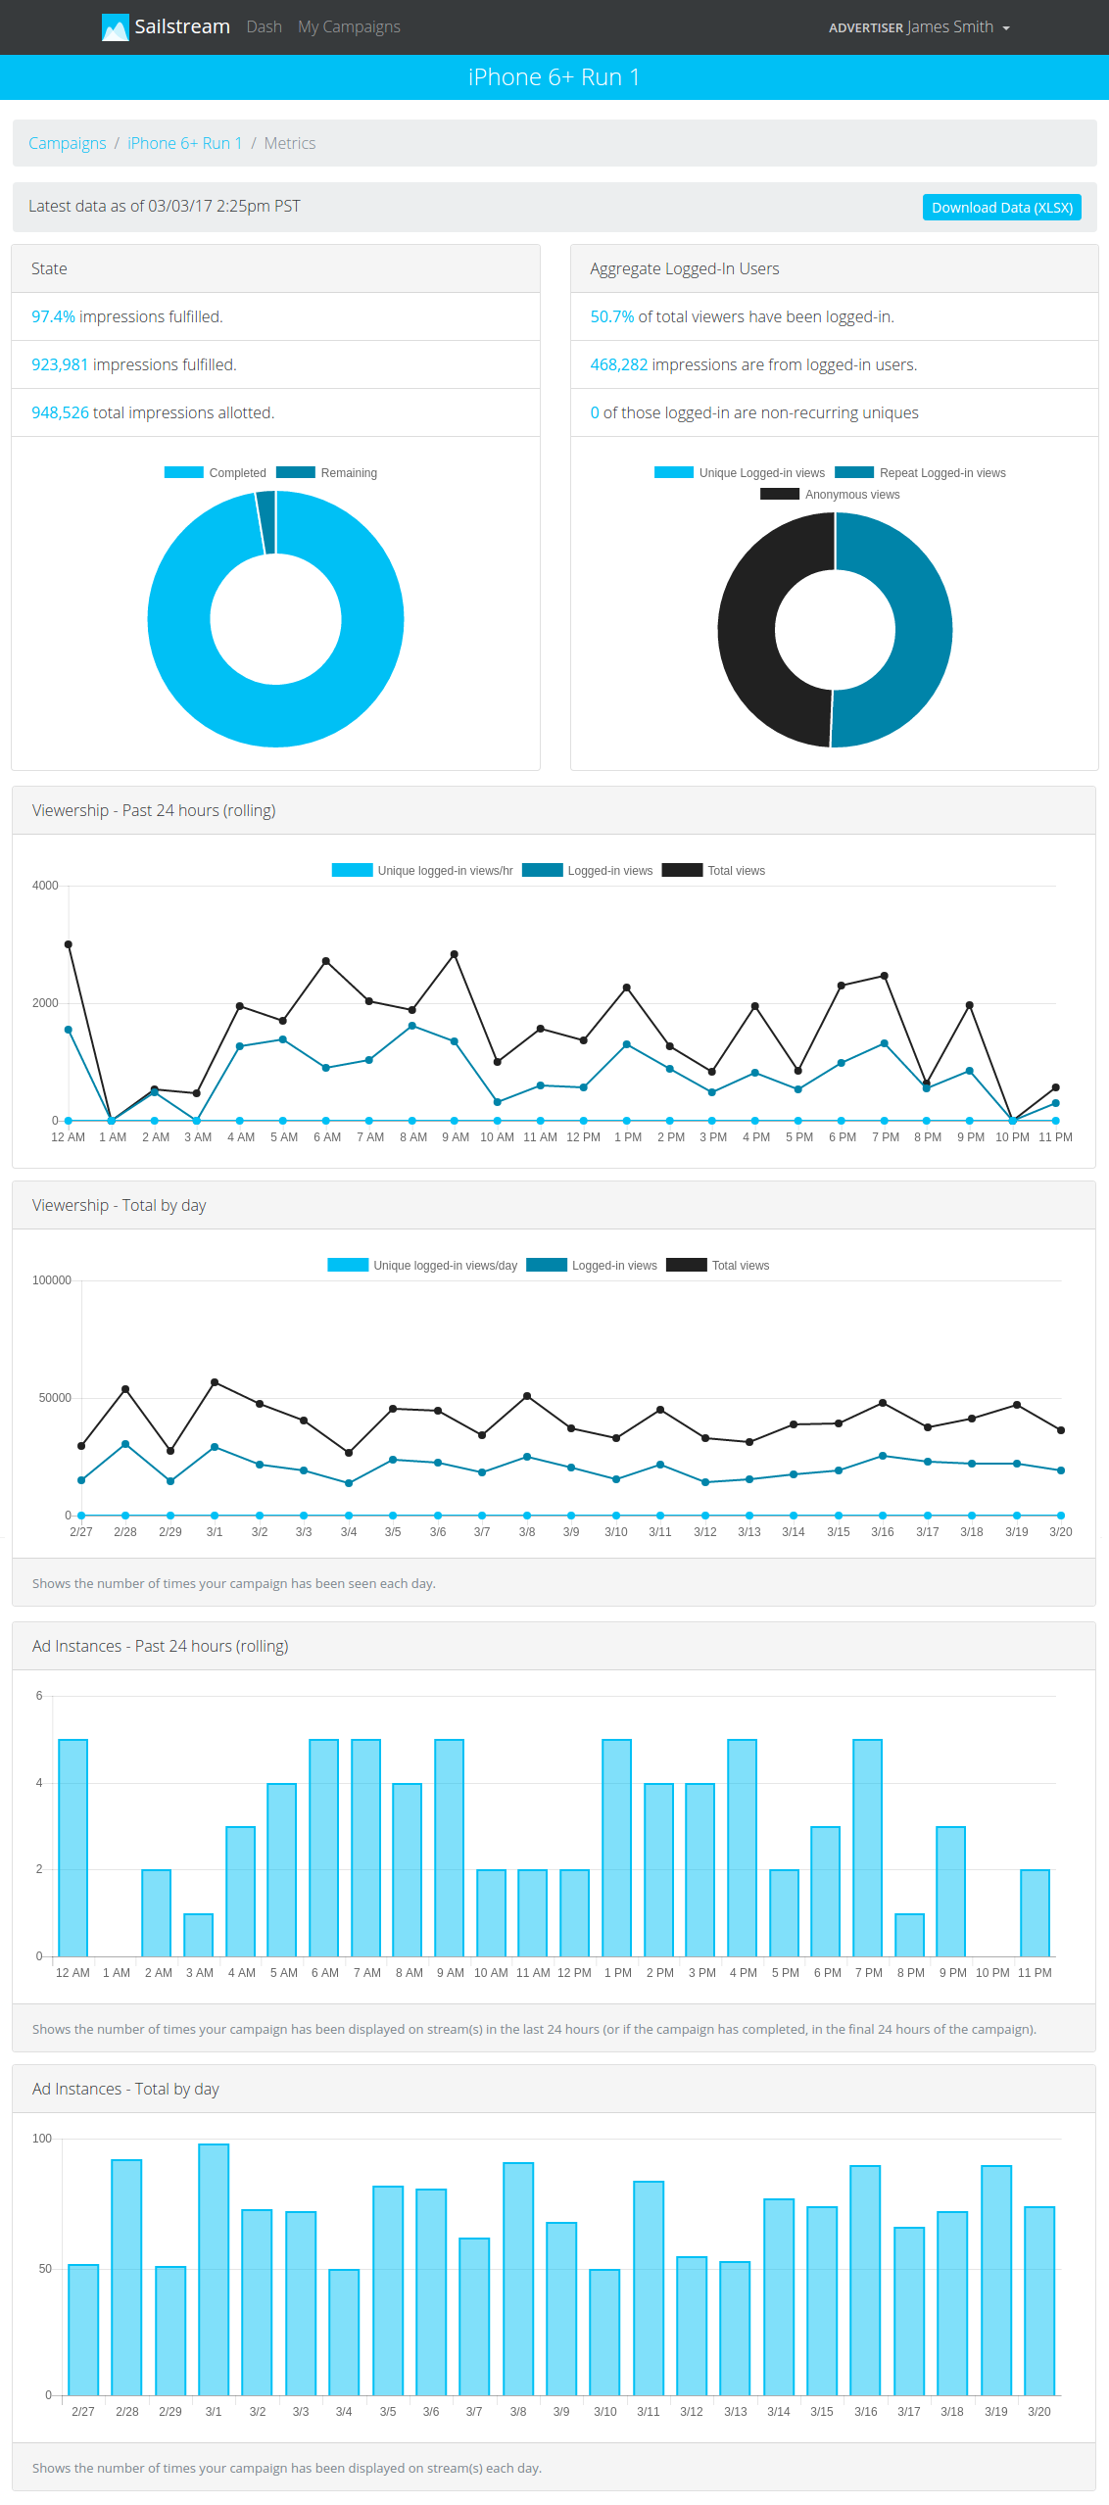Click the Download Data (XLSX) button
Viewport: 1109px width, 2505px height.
pyautogui.click(x=1001, y=208)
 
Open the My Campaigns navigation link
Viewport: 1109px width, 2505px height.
pyautogui.click(x=349, y=26)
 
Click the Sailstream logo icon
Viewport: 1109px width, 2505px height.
pyautogui.click(x=115, y=27)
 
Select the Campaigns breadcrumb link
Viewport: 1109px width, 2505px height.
pyautogui.click(x=67, y=143)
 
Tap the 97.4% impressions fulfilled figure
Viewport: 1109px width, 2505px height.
pyautogui.click(x=53, y=316)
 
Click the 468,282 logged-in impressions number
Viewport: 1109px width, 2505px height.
pyautogui.click(x=618, y=364)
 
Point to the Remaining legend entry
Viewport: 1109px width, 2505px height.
pyautogui.click(x=327, y=473)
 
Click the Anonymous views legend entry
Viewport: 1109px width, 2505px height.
pyautogui.click(x=830, y=495)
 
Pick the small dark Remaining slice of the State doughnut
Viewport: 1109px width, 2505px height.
pyautogui.click(x=265, y=522)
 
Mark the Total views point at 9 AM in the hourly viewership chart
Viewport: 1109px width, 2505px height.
pyautogui.click(x=454, y=954)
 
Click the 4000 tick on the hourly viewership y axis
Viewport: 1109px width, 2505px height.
pyautogui.click(x=45, y=886)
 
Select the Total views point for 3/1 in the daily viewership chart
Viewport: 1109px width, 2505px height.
pyautogui.click(x=215, y=1382)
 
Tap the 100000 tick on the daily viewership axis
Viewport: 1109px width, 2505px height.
pyautogui.click(x=52, y=1280)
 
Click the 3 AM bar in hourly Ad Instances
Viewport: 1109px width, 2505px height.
pyautogui.click(x=199, y=1934)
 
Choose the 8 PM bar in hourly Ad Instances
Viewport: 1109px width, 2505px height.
pyautogui.click(x=909, y=1934)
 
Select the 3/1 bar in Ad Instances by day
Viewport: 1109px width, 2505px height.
pyautogui.click(x=214, y=2269)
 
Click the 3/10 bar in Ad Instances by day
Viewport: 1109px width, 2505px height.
pyautogui.click(x=604, y=2332)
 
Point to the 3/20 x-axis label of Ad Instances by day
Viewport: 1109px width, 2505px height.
pyautogui.click(x=1038, y=2412)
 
